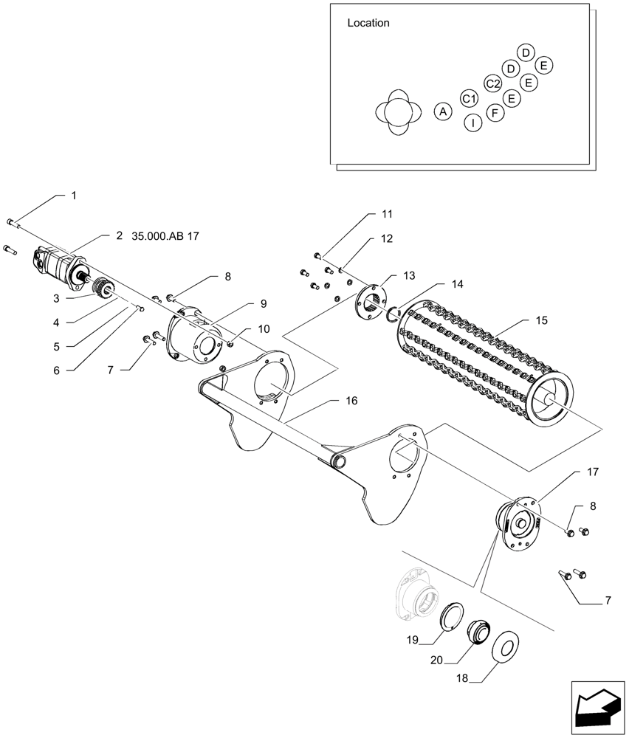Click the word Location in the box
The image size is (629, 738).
pyautogui.click(x=368, y=23)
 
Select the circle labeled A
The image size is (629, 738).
pyautogui.click(x=442, y=111)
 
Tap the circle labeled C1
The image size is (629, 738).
pyautogui.click(x=469, y=97)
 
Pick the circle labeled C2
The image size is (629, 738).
pyautogui.click(x=493, y=83)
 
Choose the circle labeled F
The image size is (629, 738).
pyautogui.click(x=495, y=112)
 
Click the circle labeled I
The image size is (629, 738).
pyautogui.click(x=472, y=123)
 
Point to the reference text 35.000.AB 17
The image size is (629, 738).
pyautogui.click(x=165, y=236)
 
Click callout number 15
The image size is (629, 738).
pyautogui.click(x=542, y=321)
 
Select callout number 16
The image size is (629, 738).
pyautogui.click(x=351, y=401)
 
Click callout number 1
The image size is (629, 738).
pyautogui.click(x=74, y=196)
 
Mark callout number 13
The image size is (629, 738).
pyautogui.click(x=410, y=275)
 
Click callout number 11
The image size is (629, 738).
pyautogui.click(x=387, y=214)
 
